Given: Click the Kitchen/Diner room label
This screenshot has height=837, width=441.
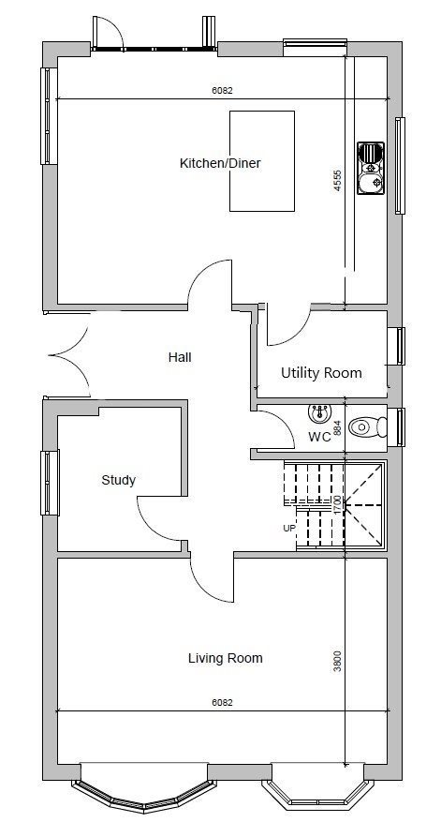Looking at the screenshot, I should pyautogui.click(x=219, y=163).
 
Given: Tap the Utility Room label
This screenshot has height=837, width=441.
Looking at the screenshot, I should pyautogui.click(x=321, y=372).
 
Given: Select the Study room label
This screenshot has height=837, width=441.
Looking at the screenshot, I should pyautogui.click(x=118, y=480).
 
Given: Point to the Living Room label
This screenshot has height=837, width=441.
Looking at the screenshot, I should pyautogui.click(x=225, y=658).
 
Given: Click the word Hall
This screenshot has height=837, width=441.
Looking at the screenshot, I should pyautogui.click(x=180, y=357).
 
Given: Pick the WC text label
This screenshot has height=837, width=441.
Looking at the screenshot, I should pyautogui.click(x=319, y=438).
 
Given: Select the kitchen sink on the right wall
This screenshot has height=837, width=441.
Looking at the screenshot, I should pyautogui.click(x=370, y=167).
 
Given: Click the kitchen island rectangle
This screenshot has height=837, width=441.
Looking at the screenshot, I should pyautogui.click(x=262, y=160).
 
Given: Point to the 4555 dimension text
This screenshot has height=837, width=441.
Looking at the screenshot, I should pyautogui.click(x=338, y=180).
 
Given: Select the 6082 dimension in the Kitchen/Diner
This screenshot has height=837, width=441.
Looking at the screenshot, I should pyautogui.click(x=222, y=91).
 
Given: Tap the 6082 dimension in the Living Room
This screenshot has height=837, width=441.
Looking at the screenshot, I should pyautogui.click(x=222, y=701).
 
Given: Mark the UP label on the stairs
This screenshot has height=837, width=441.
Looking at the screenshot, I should pyautogui.click(x=289, y=529).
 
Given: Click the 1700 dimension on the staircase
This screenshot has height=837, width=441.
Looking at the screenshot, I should pyautogui.click(x=338, y=504).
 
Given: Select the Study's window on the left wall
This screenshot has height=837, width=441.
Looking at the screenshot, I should pyautogui.click(x=49, y=481).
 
